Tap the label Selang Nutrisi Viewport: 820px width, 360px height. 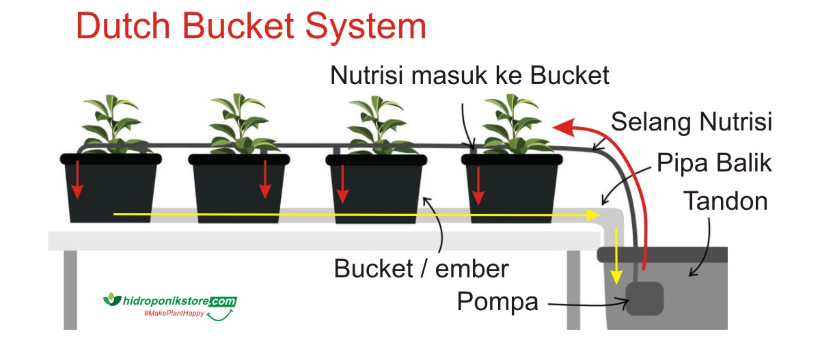691,123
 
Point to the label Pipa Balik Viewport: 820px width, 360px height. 714,164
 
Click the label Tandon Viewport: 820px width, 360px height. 726,202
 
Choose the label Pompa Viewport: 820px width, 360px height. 497,301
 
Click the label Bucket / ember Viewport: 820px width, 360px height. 421,268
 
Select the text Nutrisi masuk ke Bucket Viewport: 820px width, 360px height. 469,75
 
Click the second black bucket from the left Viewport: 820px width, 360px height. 238,190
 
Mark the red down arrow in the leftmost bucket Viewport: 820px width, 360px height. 78,181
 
